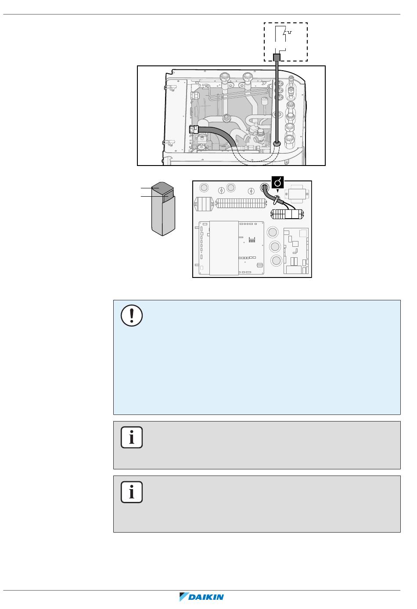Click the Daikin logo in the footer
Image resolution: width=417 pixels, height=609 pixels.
tap(201, 597)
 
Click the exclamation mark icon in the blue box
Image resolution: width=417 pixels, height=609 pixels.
tap(132, 315)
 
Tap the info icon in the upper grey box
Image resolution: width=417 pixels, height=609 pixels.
tap(132, 437)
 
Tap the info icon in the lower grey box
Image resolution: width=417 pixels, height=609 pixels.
tap(132, 492)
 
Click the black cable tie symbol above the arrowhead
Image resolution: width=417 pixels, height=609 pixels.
tap(277, 182)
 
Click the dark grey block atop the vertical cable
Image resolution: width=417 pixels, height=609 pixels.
tap(277, 58)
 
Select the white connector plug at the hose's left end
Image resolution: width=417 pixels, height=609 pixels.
tap(194, 130)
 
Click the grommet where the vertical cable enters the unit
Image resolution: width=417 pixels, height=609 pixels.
tap(277, 143)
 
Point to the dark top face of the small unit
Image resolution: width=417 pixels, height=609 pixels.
tap(162, 187)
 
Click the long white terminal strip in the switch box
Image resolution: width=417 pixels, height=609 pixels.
tap(240, 203)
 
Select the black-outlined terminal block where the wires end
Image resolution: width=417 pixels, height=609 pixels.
tap(287, 214)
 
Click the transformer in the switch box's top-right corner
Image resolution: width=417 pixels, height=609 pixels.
tap(297, 194)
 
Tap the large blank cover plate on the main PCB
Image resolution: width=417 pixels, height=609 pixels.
tap(224, 248)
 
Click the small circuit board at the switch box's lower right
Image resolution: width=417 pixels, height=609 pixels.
tap(296, 251)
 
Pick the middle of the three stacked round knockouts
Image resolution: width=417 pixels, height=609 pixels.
tap(275, 246)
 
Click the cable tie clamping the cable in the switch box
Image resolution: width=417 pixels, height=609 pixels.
tap(276, 199)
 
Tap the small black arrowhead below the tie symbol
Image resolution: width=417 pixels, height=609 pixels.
tap(277, 191)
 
